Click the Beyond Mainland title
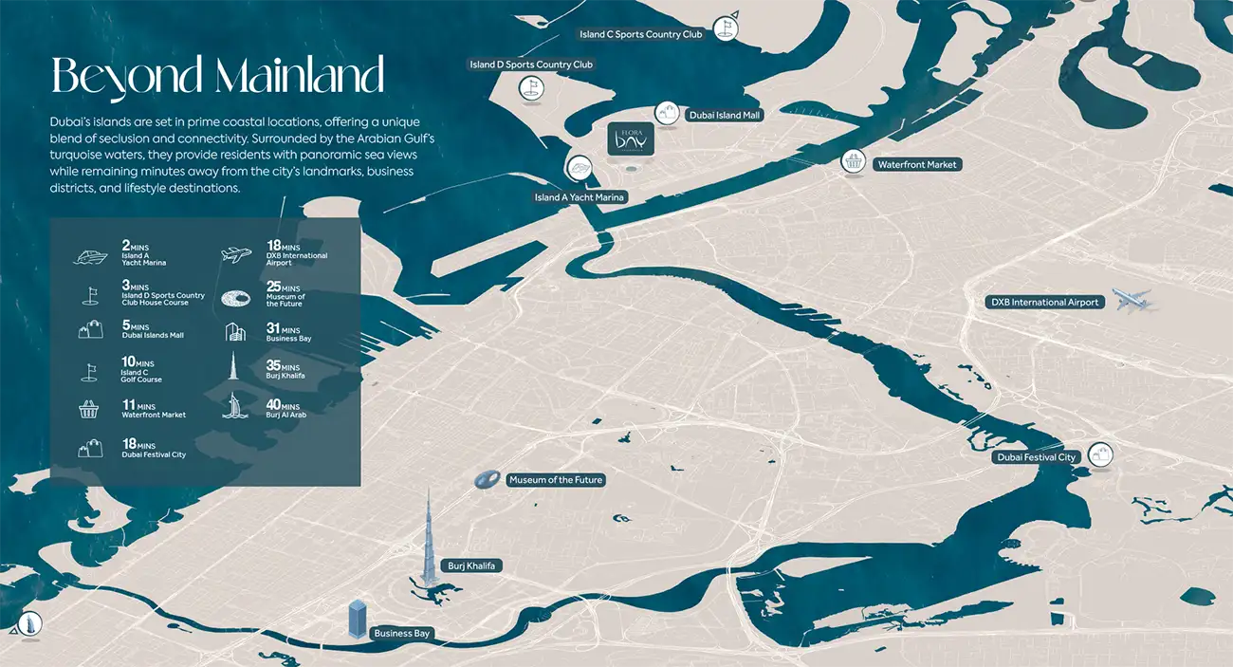point(217,76)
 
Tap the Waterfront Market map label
point(916,164)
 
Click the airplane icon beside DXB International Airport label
point(1132,300)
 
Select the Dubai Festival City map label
point(1037,457)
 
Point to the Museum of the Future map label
point(555,480)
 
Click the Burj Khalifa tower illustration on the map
point(429,541)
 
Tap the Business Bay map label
point(401,633)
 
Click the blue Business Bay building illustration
point(358,618)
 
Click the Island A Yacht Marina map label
point(580,197)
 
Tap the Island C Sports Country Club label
point(640,34)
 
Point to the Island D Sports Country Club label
point(531,65)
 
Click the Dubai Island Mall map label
point(725,115)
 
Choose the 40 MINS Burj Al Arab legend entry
point(285,409)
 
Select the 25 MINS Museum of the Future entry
point(285,295)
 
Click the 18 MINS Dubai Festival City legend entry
point(154,449)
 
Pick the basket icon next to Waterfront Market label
point(854,162)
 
